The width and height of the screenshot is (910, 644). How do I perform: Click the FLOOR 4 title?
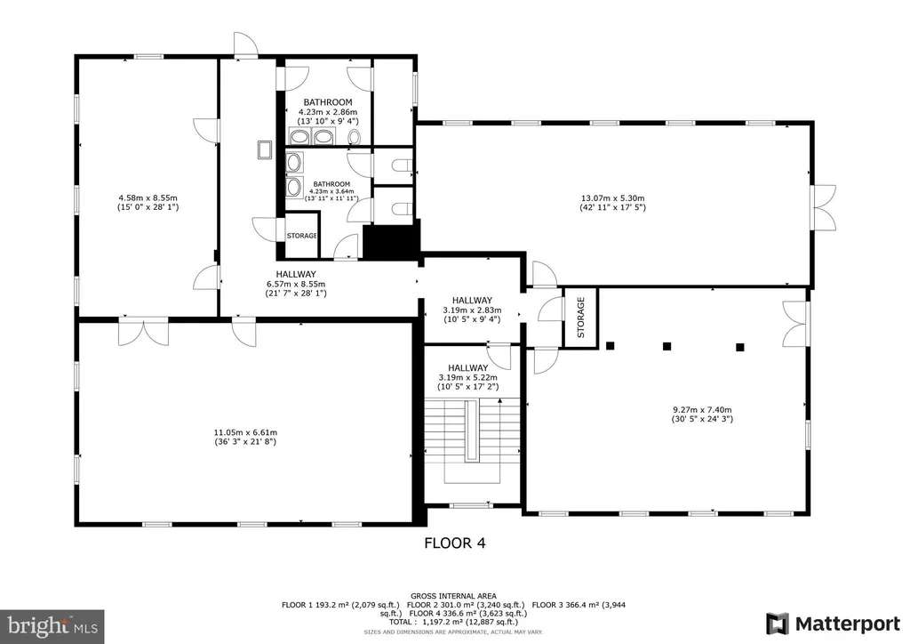[454, 543]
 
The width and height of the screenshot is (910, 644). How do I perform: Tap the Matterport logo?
[832, 624]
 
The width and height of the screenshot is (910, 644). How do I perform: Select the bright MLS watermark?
[52, 626]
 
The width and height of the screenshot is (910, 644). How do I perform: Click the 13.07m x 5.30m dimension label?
[613, 203]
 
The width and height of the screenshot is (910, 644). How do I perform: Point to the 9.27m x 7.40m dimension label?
[702, 414]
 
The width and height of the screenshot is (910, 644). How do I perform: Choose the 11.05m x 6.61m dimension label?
[245, 437]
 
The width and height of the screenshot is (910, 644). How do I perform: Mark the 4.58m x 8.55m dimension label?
[148, 202]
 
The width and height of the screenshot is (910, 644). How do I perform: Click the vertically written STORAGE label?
[581, 317]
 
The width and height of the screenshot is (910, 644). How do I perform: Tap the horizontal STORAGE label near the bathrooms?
[302, 236]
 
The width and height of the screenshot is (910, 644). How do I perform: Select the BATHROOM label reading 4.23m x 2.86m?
[328, 111]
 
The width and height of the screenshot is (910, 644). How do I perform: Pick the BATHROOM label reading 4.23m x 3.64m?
[331, 191]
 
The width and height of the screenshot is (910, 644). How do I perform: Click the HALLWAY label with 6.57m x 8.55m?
[296, 284]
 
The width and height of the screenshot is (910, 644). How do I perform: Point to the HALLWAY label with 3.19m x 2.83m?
[472, 310]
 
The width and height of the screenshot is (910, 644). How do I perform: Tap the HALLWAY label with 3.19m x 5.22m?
[467, 377]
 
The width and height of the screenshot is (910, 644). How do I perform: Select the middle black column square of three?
[667, 346]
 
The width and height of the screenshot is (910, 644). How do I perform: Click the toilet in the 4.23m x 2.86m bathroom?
[354, 137]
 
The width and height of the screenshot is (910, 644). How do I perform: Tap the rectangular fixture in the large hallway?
[265, 149]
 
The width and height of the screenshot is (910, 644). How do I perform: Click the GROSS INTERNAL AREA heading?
[453, 596]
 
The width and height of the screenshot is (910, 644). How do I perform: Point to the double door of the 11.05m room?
[143, 331]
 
